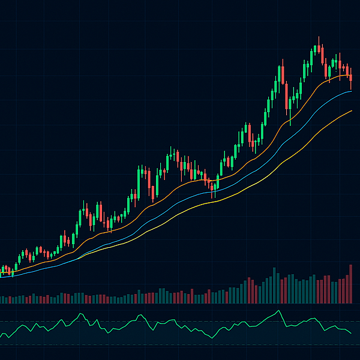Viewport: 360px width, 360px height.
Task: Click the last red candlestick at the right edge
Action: point(350,78)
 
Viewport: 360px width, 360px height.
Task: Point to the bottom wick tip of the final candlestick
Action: point(350,90)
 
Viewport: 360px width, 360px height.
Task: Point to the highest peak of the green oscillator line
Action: point(278,311)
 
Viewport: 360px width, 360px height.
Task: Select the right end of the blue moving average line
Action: point(352,92)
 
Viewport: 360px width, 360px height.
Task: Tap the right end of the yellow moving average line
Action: point(352,111)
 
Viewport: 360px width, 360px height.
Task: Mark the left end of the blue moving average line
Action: point(1,275)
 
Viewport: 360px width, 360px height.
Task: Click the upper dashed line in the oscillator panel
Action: point(180,322)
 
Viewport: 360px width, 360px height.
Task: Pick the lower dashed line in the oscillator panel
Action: point(180,344)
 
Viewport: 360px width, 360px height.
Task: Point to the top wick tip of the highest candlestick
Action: point(319,37)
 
